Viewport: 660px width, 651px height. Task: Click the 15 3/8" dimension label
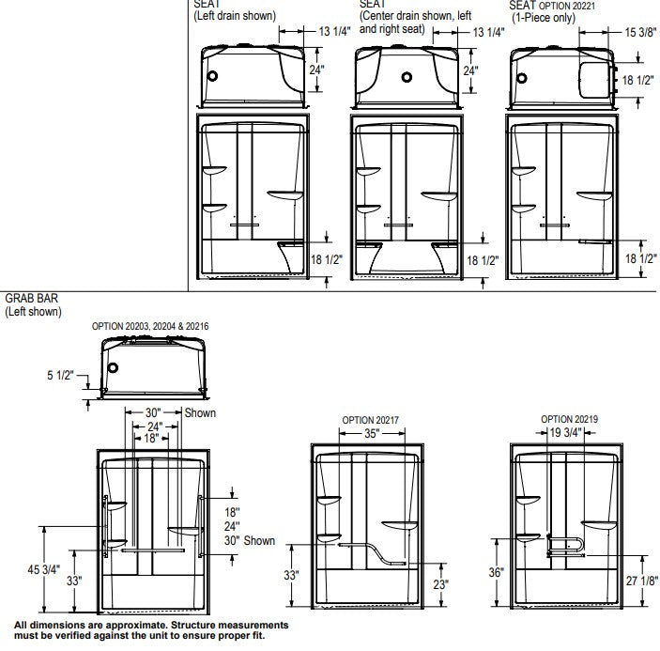[640, 33]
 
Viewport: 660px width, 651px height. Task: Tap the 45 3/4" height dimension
[44, 569]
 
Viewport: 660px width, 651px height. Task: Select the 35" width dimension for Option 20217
[372, 433]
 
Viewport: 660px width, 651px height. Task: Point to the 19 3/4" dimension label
[565, 432]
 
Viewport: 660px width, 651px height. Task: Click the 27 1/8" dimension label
[641, 581]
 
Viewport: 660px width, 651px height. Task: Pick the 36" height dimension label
[497, 572]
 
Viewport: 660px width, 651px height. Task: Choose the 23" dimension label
[440, 584]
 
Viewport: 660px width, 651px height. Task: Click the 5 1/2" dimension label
[60, 375]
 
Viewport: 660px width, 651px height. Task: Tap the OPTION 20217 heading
[370, 420]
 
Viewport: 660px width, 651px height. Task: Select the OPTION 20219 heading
[569, 419]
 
